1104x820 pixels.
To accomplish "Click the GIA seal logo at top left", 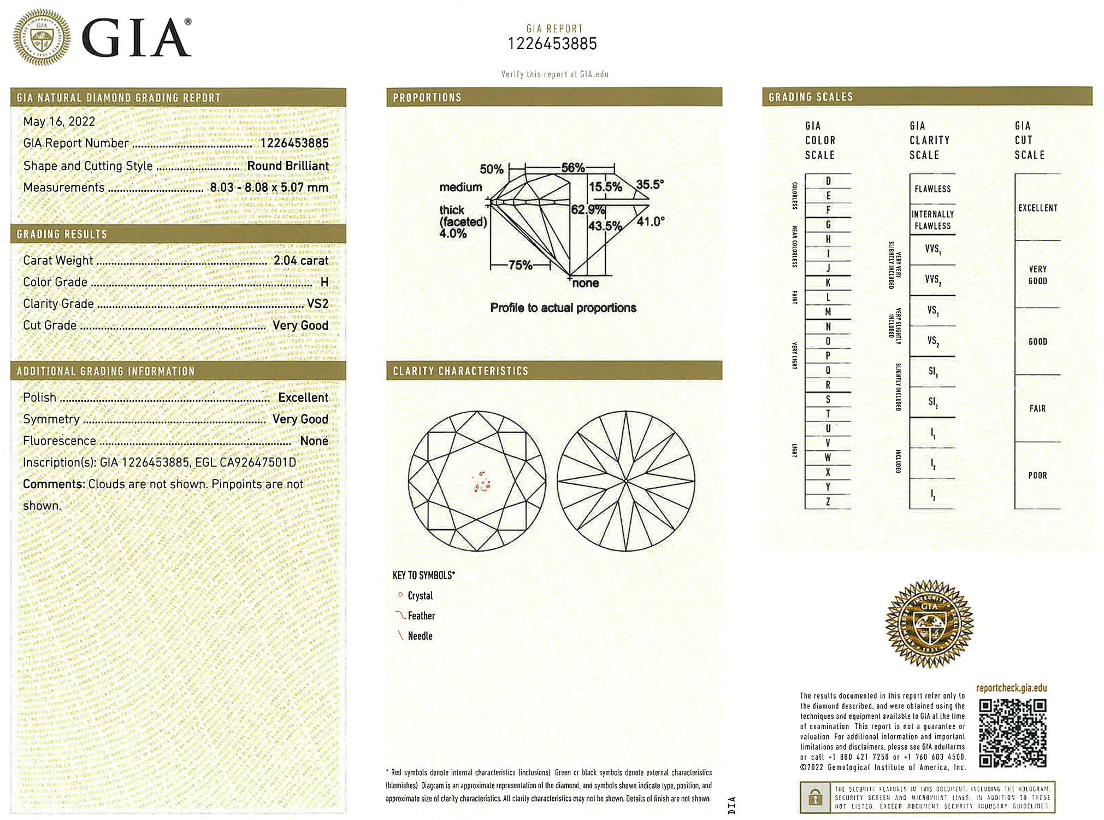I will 42,37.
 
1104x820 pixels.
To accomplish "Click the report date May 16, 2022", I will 59,121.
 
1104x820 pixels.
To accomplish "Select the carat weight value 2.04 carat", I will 300,260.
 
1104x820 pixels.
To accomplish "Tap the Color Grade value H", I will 324,282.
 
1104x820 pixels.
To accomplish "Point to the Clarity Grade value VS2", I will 317,304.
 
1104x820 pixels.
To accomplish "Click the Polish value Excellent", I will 303,397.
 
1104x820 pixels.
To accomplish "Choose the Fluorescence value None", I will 314,441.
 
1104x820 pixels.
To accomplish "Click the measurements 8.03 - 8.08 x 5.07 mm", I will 269,188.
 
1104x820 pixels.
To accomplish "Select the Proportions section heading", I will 427,97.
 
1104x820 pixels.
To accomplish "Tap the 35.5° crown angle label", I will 650,184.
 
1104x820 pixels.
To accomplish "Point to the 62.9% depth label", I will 588,209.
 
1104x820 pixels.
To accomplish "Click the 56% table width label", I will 573,168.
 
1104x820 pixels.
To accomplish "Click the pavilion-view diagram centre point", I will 626,481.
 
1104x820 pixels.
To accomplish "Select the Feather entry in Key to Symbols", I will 421,616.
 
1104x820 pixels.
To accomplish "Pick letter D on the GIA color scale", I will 828,181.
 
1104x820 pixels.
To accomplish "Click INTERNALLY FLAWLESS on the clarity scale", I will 932,220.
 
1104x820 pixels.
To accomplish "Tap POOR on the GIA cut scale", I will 1037,475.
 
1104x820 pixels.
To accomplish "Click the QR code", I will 1012,733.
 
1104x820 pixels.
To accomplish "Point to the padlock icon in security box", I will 815,797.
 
